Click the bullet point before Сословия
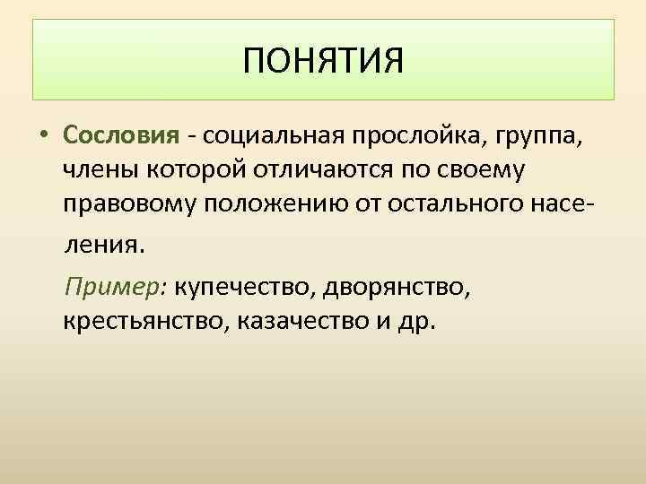point(44,136)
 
